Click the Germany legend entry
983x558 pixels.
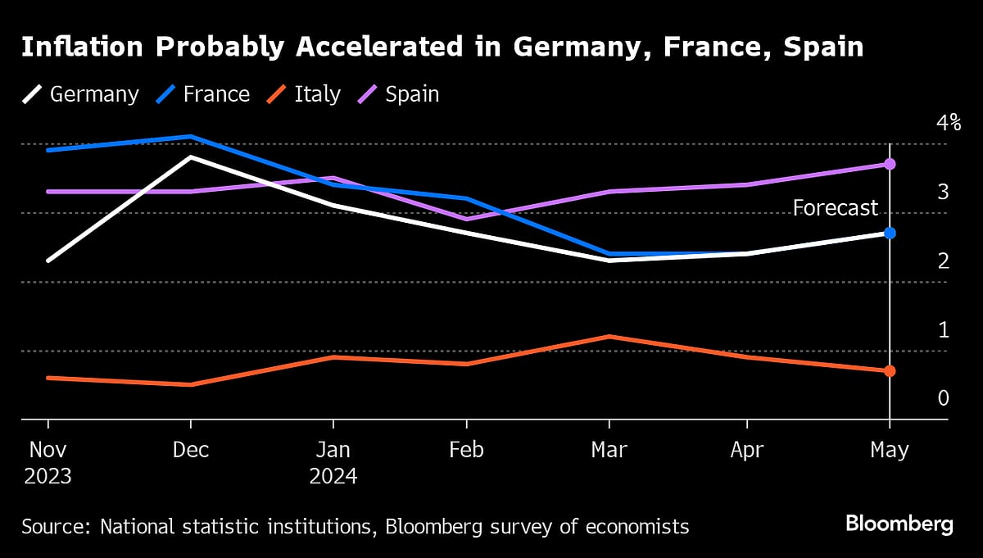[80, 94]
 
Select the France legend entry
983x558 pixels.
[202, 94]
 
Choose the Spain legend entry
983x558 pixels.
[398, 94]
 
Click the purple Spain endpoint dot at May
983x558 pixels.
[890, 164]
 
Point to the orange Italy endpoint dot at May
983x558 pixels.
[890, 371]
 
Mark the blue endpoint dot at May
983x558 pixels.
[890, 233]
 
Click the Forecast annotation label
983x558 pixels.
[835, 208]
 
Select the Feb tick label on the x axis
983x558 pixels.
[466, 450]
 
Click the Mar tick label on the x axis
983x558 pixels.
[609, 450]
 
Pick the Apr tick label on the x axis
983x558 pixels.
[746, 450]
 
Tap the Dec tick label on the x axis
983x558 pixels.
[190, 450]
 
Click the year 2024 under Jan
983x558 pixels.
[333, 476]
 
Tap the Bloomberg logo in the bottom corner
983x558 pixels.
[899, 524]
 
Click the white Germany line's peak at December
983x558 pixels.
[191, 157]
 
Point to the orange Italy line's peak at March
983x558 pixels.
[609, 337]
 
